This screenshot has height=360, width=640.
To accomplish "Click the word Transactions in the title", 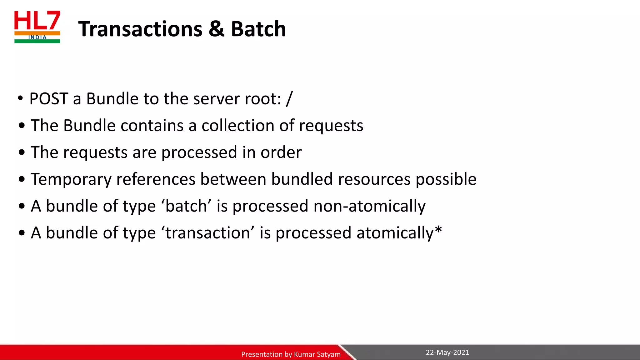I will (x=140, y=29).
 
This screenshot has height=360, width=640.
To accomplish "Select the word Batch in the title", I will (x=258, y=29).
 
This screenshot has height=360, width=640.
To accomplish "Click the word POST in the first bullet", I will (x=49, y=99).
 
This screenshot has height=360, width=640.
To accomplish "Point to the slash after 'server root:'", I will (x=289, y=99).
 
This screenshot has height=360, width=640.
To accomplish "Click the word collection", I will (x=238, y=126).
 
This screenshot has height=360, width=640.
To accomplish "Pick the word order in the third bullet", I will (x=281, y=152).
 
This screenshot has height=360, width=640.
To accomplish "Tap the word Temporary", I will (x=71, y=180).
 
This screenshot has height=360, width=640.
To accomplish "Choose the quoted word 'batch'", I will (x=186, y=206).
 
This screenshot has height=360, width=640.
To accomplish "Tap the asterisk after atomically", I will (x=438, y=230).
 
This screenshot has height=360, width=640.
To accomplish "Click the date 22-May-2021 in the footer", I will (x=447, y=352).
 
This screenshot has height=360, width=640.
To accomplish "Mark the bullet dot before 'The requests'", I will (x=22, y=153).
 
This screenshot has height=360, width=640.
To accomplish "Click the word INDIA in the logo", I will (x=37, y=37).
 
